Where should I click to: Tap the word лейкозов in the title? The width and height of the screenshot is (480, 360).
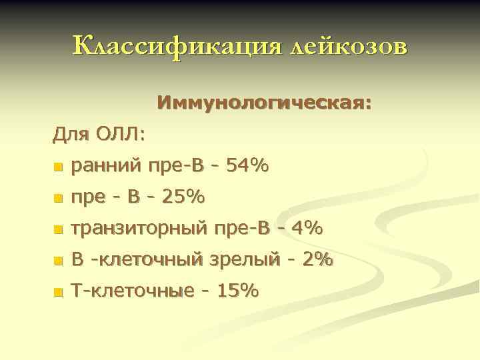click(346, 47)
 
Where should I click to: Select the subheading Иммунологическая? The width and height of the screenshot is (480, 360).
click(265, 104)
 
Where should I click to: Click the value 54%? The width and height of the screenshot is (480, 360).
click(247, 166)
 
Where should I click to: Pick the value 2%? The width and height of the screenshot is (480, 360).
click(317, 260)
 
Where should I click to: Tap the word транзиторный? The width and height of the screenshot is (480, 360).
click(139, 229)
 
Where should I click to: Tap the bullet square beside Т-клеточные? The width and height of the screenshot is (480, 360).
click(58, 292)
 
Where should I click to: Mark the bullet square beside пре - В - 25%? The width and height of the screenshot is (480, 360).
click(58, 198)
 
